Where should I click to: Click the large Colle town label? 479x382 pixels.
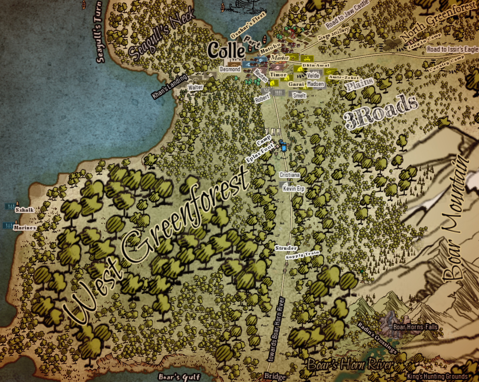pos(226,50)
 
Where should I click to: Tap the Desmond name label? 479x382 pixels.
pos(230,69)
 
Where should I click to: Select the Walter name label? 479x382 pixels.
pos(195,87)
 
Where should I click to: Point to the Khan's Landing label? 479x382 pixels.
pos(169,86)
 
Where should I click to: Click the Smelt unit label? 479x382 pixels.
pos(299,95)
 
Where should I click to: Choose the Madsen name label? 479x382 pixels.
pos(316,84)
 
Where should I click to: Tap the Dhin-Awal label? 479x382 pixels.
pos(316,65)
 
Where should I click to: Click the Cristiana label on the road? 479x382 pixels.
pos(289,175)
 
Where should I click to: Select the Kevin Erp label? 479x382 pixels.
pos(293,188)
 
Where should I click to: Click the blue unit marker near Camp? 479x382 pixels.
pos(283,146)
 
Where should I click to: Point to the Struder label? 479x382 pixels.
pos(286,248)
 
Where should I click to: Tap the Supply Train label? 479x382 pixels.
pos(302,255)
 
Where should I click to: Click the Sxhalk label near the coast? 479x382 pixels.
pos(25,210)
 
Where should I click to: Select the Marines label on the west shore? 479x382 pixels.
pos(25,228)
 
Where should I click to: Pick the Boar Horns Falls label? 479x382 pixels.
pos(415,327)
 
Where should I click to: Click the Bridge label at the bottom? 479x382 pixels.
pos(275,376)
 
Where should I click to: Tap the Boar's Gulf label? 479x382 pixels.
pos(179,377)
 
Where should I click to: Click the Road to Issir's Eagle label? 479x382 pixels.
pos(452,49)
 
